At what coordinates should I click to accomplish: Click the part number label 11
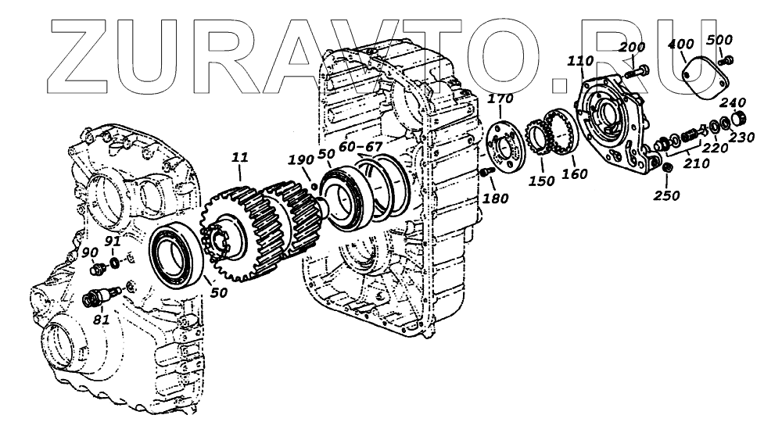(239, 159)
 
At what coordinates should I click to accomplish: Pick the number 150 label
(541, 181)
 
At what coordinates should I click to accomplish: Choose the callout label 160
(574, 173)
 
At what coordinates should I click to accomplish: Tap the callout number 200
(632, 48)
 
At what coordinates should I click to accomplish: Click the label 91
(113, 242)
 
